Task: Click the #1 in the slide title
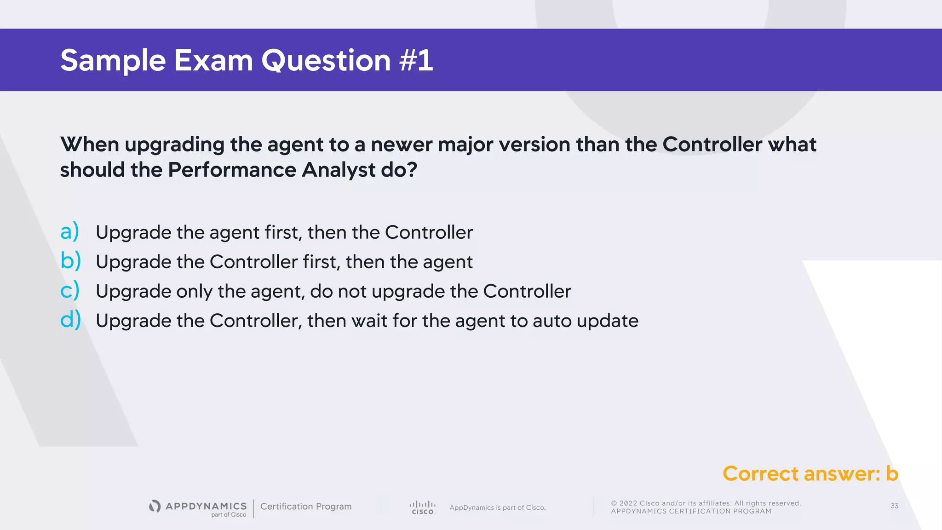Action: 416,60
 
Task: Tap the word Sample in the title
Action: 113,60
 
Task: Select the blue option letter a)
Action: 69,231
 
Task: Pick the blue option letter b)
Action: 70,261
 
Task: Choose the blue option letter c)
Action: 69,290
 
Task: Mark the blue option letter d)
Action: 70,320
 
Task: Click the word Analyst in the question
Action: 339,170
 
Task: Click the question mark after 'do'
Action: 412,170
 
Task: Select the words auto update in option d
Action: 585,321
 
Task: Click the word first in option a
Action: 283,232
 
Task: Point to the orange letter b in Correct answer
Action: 892,473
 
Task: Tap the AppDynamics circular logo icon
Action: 155,506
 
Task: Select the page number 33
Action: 894,506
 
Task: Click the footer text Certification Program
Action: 306,507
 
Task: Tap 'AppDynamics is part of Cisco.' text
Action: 497,507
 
